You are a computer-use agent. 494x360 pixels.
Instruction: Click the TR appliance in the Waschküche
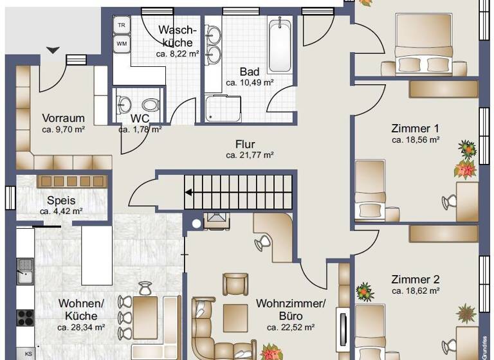coord(121,25)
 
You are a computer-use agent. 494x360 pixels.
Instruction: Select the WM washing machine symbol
coord(121,44)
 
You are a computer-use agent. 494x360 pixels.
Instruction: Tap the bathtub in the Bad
coord(279,46)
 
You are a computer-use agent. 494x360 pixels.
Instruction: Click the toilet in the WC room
coord(151,104)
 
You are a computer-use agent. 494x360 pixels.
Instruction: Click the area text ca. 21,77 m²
coord(250,155)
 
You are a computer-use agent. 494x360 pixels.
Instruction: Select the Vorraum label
coord(63,118)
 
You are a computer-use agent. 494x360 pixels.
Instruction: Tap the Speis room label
coord(61,200)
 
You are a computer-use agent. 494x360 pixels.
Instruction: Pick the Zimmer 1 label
coord(415,127)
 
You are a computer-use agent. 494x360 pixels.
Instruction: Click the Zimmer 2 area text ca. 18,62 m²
coord(415,291)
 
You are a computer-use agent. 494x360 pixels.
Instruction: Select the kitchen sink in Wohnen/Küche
coord(25,271)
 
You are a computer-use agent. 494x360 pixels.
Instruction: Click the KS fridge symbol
coord(28,354)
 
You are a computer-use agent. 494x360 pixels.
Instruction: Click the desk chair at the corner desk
coord(262,243)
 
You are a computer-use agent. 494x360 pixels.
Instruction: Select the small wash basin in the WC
coord(123,104)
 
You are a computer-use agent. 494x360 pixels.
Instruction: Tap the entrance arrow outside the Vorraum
coord(53,50)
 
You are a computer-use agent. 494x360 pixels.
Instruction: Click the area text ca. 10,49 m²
coord(250,82)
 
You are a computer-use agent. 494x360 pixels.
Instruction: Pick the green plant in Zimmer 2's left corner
coord(365,292)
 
